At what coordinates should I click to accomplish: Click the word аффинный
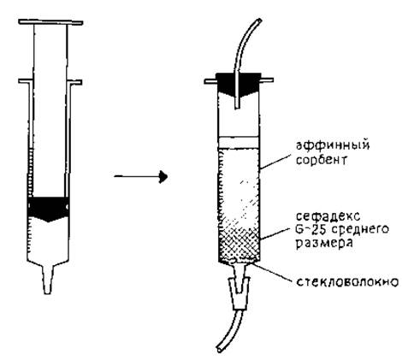[x=333, y=145]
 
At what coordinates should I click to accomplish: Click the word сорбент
[x=322, y=160]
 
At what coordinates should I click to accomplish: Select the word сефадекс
[x=328, y=215]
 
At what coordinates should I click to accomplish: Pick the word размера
[x=324, y=244]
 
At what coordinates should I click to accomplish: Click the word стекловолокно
[x=347, y=282]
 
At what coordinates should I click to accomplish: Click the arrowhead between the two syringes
[x=163, y=177]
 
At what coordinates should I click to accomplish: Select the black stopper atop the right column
[x=238, y=84]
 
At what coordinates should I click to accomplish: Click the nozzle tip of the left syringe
[x=48, y=292]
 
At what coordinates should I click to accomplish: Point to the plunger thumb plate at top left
[x=50, y=22]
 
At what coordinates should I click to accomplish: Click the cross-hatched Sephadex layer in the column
[x=239, y=245]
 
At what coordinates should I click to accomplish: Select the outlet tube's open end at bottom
[x=220, y=349]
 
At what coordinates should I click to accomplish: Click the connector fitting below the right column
[x=239, y=294]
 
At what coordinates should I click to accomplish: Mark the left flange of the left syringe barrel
[x=24, y=81]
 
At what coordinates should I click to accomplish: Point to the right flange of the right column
[x=268, y=80]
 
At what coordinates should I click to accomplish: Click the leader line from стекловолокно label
[x=273, y=272]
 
